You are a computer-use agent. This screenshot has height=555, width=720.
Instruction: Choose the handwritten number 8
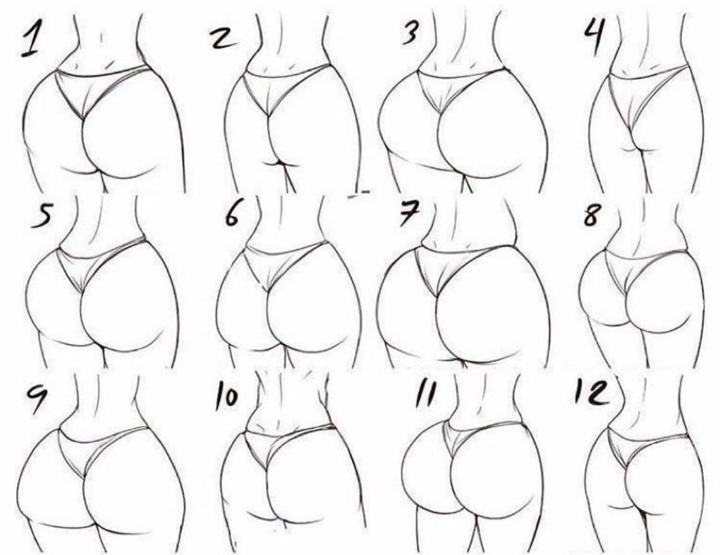pos(592,215)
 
